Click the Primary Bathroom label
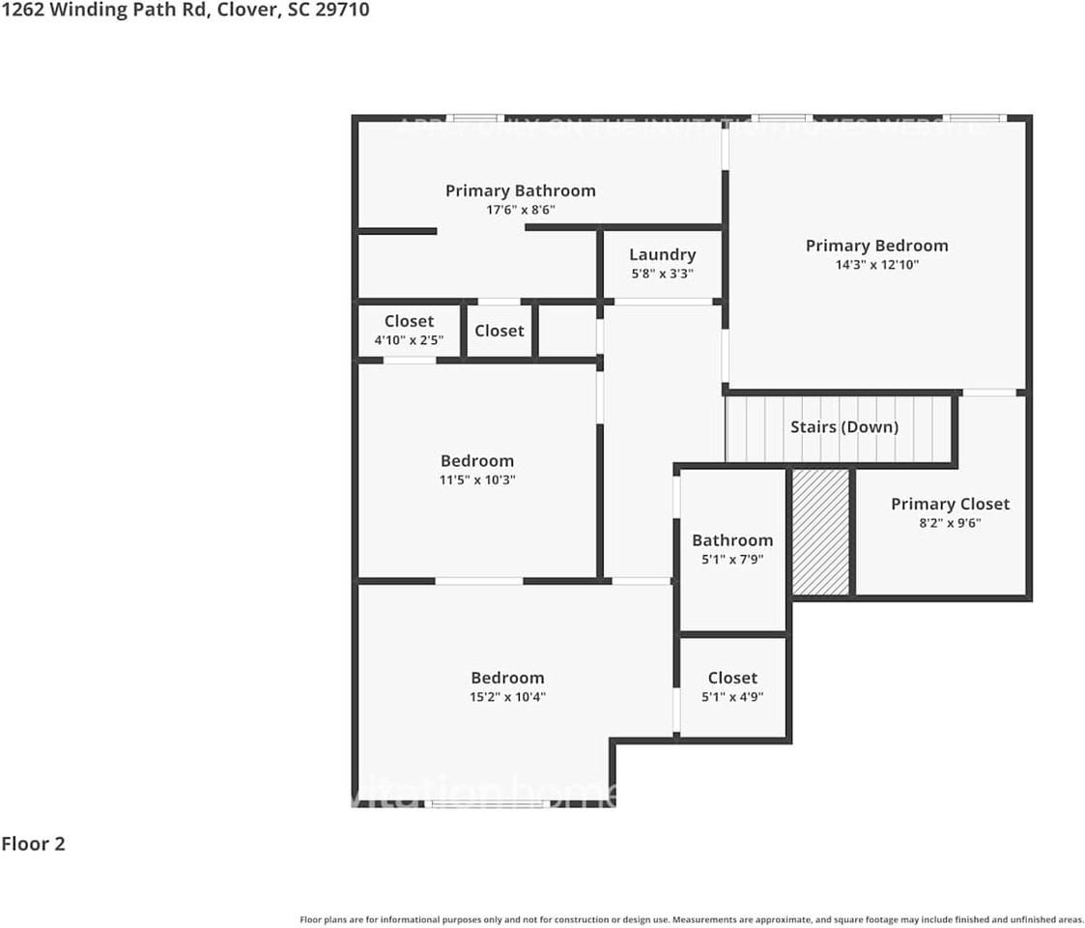click(x=520, y=190)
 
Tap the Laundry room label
click(x=662, y=254)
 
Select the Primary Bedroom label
click(x=876, y=246)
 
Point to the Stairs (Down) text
click(x=843, y=426)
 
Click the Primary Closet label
click(x=950, y=504)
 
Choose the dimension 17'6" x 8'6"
click(x=520, y=210)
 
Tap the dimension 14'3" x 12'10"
click(x=876, y=264)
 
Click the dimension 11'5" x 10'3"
click(x=477, y=479)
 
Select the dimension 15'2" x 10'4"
click(x=507, y=696)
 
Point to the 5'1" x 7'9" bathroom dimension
click(x=732, y=559)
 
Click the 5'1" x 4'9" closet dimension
click(x=732, y=696)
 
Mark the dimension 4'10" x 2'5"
click(x=409, y=340)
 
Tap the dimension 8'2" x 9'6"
click(x=950, y=523)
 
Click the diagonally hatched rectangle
click(x=820, y=532)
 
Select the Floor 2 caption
click(x=33, y=844)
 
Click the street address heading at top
click(x=185, y=11)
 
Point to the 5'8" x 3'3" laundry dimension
click(x=662, y=274)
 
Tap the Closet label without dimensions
click(x=499, y=331)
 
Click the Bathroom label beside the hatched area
click(x=732, y=540)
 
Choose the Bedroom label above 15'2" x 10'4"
click(x=507, y=678)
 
